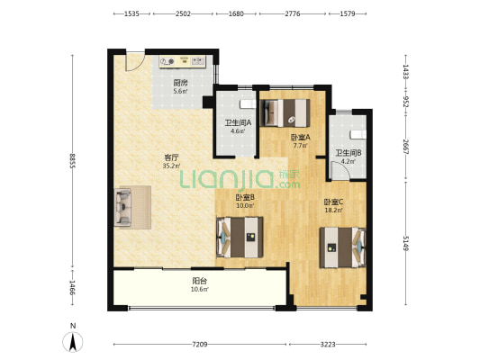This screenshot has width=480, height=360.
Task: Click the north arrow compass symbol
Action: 73,341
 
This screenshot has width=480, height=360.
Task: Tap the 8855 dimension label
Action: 72,160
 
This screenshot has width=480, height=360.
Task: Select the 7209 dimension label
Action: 200,345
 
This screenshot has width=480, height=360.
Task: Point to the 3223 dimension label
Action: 328,345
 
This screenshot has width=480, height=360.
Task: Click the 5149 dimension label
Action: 405,243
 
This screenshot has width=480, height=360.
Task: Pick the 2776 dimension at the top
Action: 293,13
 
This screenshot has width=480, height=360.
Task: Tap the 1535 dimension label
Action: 131,13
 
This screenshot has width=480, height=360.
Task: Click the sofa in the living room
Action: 123,207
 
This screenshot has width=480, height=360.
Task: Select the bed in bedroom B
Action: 240,237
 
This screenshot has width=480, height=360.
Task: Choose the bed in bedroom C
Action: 342,247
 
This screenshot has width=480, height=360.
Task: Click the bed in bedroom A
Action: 285,112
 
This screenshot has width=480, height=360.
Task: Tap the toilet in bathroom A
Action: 248,104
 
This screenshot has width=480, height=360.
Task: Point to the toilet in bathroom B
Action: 358,135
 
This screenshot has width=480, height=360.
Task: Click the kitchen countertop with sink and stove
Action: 183,61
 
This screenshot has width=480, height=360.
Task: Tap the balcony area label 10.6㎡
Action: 200,289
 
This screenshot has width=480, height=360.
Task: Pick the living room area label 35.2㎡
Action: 171,166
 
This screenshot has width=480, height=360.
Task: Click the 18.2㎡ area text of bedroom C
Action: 333,210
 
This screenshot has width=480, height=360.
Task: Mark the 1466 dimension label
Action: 72,287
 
